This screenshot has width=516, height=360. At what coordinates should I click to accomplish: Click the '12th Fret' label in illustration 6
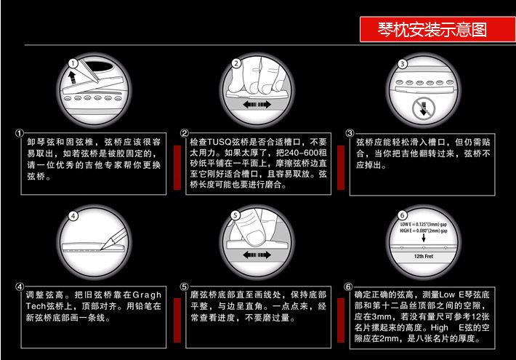(424, 257)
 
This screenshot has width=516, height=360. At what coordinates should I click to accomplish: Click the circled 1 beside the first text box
(20, 134)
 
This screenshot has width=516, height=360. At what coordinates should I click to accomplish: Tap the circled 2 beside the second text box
(185, 134)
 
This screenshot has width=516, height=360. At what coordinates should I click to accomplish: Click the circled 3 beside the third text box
(350, 134)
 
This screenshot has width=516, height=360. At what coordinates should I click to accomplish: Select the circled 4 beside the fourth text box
(20, 286)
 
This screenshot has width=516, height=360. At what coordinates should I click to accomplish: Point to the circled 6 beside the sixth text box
(350, 286)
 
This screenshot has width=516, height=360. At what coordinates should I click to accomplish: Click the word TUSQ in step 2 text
(222, 142)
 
